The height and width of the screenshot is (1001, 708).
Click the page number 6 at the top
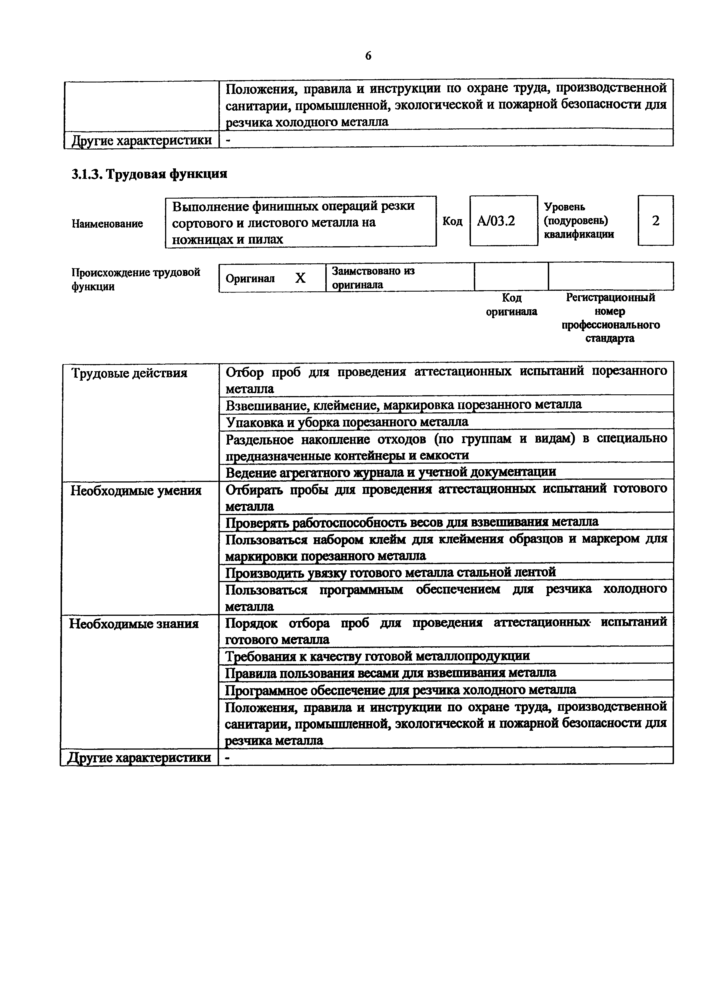click(368, 56)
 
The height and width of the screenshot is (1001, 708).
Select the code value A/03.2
click(496, 221)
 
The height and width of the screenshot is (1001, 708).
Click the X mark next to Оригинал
click(300, 278)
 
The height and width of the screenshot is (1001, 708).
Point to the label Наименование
click(107, 224)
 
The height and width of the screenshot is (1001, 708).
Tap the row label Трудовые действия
click(129, 373)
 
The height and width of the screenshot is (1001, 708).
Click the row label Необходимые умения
click(136, 491)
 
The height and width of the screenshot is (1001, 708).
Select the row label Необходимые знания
click(134, 624)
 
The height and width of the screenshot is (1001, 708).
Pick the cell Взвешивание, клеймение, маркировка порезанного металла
click(404, 405)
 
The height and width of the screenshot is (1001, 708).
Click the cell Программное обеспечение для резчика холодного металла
click(400, 690)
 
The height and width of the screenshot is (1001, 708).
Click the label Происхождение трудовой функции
click(136, 279)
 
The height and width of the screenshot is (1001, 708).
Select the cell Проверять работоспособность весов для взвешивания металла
click(412, 521)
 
